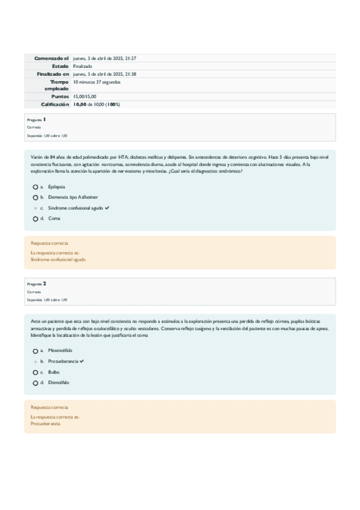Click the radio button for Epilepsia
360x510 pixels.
[35, 186]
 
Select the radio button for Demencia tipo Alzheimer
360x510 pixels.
[35, 197]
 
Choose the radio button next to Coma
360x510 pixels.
[35, 218]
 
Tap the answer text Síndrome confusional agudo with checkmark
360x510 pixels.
[75, 207]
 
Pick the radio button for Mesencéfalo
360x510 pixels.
[35, 350]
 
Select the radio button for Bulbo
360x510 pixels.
[35, 372]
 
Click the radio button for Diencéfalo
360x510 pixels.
[35, 382]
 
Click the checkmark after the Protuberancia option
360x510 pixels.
[82, 361]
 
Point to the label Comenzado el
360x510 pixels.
[52, 58]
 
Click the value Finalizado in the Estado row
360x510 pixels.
[83, 66]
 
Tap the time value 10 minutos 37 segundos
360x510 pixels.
[97, 81]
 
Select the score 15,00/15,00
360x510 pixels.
[85, 96]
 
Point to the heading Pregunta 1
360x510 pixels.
[37, 120]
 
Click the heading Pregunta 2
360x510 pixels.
[37, 283]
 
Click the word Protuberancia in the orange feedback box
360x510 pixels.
[46, 423]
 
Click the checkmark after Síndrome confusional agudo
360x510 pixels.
[107, 207]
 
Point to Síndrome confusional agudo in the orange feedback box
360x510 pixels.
[58, 260]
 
